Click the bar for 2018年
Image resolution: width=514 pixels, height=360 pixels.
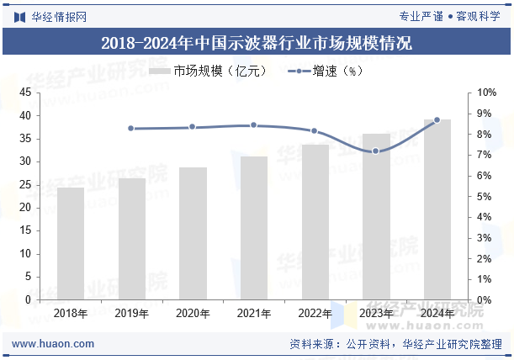[x=71, y=244]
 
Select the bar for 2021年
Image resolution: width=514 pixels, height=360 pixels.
[x=254, y=228]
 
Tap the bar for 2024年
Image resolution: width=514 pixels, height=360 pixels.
[x=437, y=209]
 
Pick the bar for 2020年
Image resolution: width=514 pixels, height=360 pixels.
[x=193, y=234]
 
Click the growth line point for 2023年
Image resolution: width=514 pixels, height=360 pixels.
[x=376, y=151]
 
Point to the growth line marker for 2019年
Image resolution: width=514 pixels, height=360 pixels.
[x=131, y=129]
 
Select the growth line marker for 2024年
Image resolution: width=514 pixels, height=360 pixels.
[x=437, y=120]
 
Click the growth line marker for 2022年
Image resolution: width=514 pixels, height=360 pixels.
[x=315, y=131]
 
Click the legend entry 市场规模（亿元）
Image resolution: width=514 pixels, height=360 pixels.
[x=209, y=71]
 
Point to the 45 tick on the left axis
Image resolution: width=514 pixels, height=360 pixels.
[x=24, y=93]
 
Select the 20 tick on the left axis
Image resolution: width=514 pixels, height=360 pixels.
[x=24, y=208]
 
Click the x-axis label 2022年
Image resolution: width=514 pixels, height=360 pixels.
[x=315, y=313]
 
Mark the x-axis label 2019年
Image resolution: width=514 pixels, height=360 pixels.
[x=131, y=313]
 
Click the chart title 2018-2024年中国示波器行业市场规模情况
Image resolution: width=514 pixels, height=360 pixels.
[x=257, y=43]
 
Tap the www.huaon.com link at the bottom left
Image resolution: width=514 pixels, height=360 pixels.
[x=54, y=343]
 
